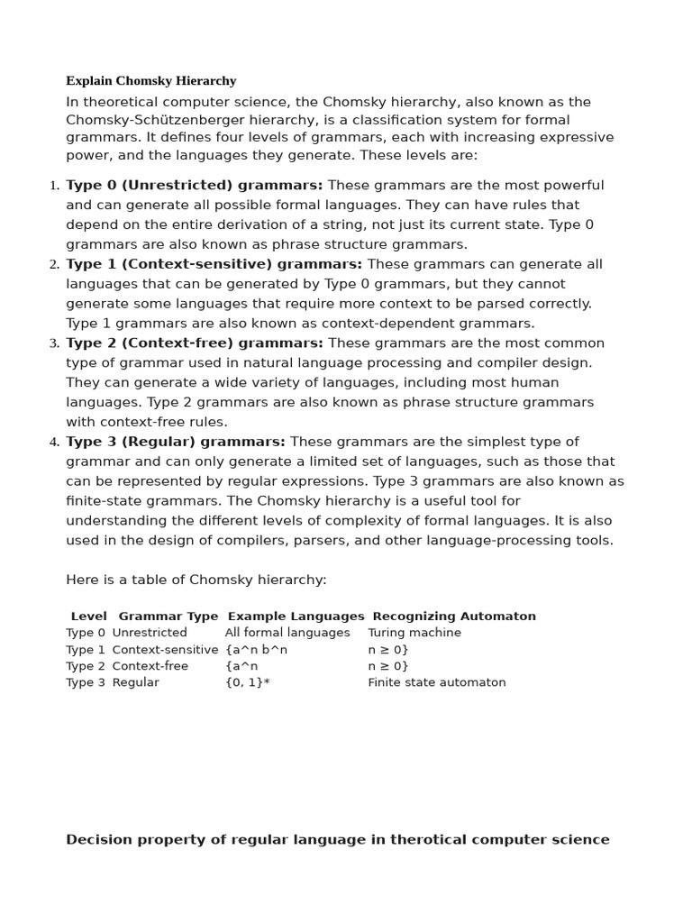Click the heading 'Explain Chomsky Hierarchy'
click(150, 81)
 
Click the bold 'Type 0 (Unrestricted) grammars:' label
click(194, 186)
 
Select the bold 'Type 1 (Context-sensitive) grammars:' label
click(214, 264)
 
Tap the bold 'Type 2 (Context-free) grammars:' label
click(194, 343)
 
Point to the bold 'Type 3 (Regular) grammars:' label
click(175, 442)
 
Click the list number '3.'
click(54, 343)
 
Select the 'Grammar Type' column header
click(168, 617)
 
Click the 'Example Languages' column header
click(296, 617)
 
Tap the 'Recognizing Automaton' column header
click(453, 617)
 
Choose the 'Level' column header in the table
click(88, 617)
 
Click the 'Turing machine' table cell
click(414, 633)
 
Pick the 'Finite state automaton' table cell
click(436, 682)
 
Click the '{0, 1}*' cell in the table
click(247, 682)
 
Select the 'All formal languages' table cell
click(287, 633)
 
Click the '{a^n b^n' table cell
click(256, 650)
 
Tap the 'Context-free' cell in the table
click(150, 666)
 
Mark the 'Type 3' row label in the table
click(85, 682)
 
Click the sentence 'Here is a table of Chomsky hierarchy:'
click(196, 580)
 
